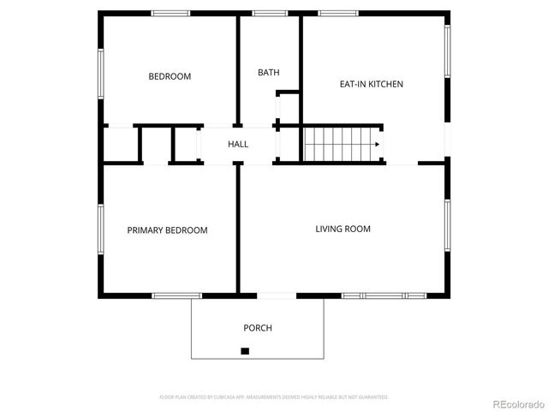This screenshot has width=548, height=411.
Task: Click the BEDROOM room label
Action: [x=170, y=76]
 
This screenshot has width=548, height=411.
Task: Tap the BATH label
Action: [x=268, y=73]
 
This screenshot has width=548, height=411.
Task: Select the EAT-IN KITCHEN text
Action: [x=371, y=84]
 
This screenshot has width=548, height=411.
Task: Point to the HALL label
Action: [x=238, y=144]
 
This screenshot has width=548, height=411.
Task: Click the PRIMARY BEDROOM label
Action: [x=167, y=230]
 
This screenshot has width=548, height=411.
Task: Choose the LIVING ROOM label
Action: [x=342, y=229]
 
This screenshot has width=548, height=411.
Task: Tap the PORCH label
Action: [x=258, y=328]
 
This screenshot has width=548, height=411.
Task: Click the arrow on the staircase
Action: [x=374, y=144]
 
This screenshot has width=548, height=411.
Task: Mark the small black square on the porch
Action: [x=245, y=350]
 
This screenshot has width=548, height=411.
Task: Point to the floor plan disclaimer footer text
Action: [x=274, y=397]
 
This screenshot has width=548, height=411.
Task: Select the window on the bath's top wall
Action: [x=270, y=13]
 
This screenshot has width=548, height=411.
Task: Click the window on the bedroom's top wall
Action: [x=170, y=13]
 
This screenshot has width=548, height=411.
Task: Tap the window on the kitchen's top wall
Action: [x=337, y=13]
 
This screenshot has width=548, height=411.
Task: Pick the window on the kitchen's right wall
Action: [x=446, y=51]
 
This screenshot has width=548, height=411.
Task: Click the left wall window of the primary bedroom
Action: [x=101, y=229]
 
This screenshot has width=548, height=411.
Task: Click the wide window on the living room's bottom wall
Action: [x=384, y=295]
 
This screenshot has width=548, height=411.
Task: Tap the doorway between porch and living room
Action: [x=277, y=295]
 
